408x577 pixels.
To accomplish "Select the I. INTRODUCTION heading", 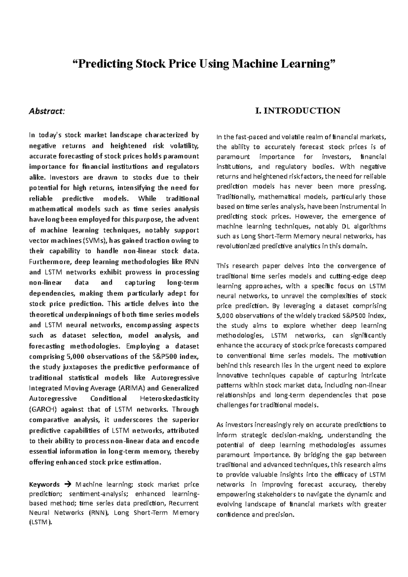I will click(297, 111).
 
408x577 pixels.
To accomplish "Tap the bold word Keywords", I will click(45, 484).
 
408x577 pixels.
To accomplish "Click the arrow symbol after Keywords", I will click(68, 484).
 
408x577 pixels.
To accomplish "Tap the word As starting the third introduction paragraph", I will click(220, 425).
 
